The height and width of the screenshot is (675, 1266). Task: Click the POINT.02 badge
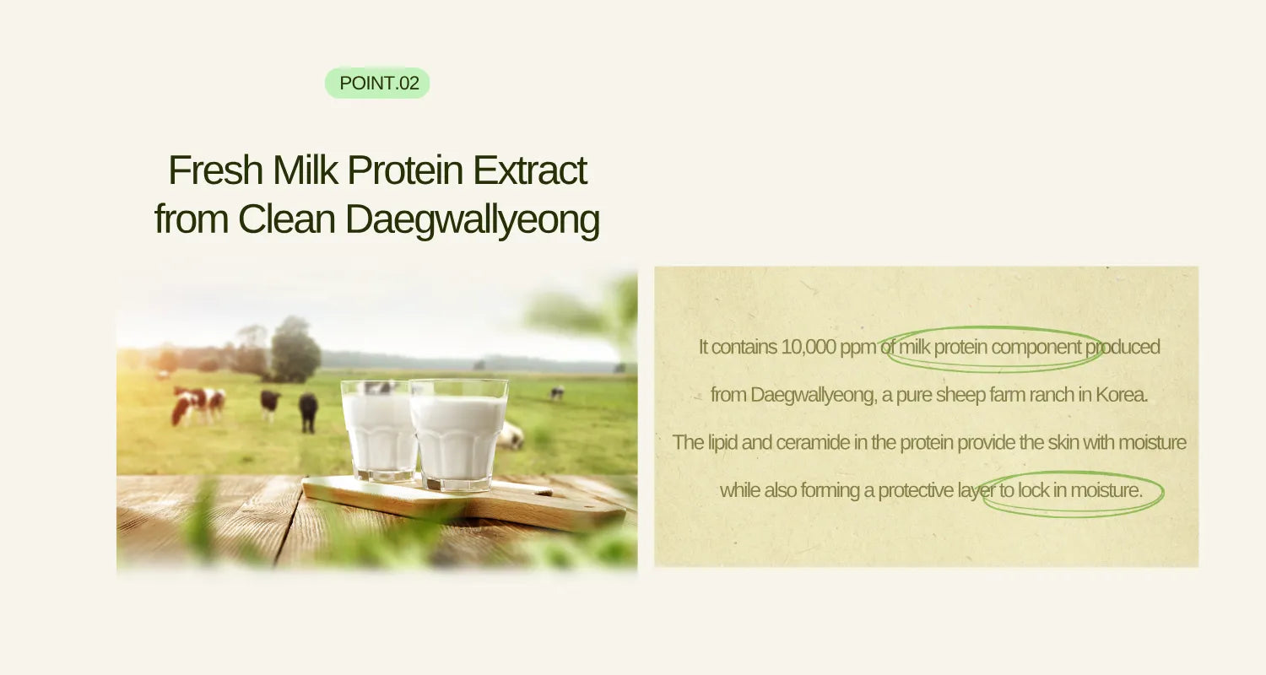[377, 84]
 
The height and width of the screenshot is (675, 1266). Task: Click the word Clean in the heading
[287, 219]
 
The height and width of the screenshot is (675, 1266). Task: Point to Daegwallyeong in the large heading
[473, 219]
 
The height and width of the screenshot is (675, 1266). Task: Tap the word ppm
[859, 347]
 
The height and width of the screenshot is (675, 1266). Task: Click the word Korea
[1122, 395]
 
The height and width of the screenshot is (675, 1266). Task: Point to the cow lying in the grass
[511, 436]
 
